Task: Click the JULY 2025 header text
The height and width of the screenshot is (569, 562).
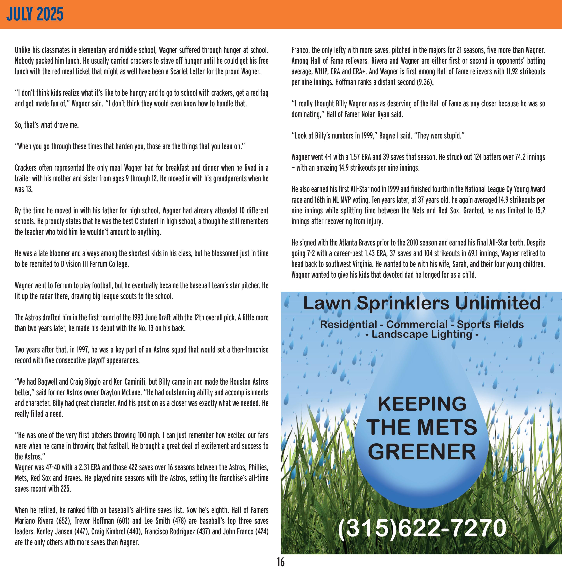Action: (x=35, y=14)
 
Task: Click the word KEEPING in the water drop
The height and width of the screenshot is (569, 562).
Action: (x=422, y=404)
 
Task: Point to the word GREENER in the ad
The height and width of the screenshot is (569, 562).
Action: (x=422, y=452)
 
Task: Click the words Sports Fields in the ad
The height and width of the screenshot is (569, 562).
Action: (x=490, y=324)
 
